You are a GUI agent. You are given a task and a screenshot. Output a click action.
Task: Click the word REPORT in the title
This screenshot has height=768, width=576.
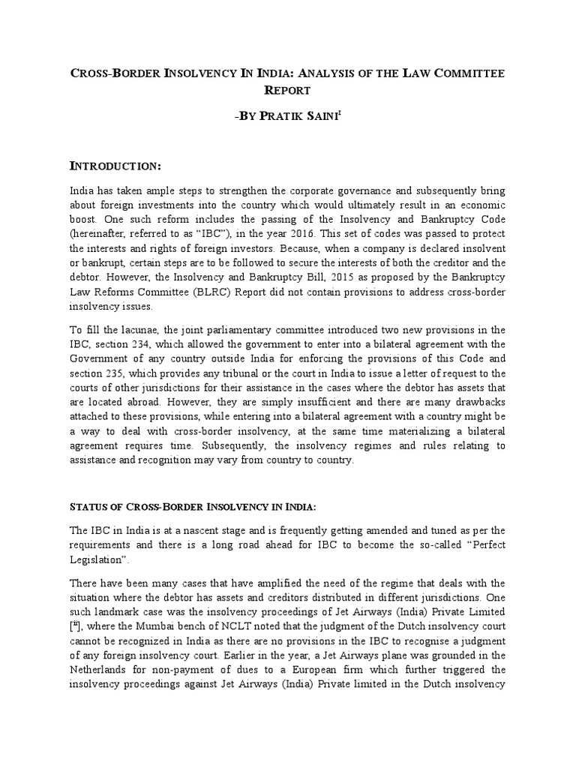(x=287, y=90)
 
